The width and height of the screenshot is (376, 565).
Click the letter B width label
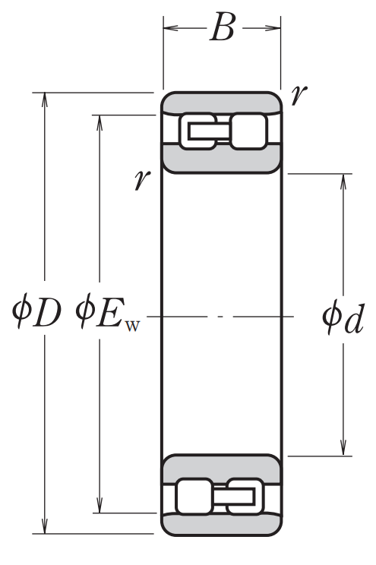[223, 27]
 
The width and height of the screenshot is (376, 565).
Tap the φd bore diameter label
[343, 318]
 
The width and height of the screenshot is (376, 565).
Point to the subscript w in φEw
[131, 326]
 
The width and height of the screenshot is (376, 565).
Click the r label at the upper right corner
[299, 95]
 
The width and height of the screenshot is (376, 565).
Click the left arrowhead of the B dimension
[170, 28]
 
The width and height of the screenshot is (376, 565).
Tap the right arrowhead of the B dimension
[273, 28]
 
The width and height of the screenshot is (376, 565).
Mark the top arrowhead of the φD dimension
[45, 99]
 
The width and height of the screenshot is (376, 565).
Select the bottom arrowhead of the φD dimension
[45, 526]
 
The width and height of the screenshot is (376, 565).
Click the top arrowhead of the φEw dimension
[100, 122]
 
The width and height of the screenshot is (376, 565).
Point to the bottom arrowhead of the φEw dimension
[100, 506]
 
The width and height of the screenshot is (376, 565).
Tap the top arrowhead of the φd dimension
[343, 181]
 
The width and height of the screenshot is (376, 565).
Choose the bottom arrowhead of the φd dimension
[343, 449]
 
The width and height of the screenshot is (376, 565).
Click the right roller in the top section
[248, 131]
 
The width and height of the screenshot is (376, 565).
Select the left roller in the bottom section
[194, 496]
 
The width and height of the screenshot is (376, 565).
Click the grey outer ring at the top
[221, 103]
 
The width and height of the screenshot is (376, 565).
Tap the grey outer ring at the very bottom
[221, 524]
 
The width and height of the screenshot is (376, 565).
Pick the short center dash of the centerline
[220, 317]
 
